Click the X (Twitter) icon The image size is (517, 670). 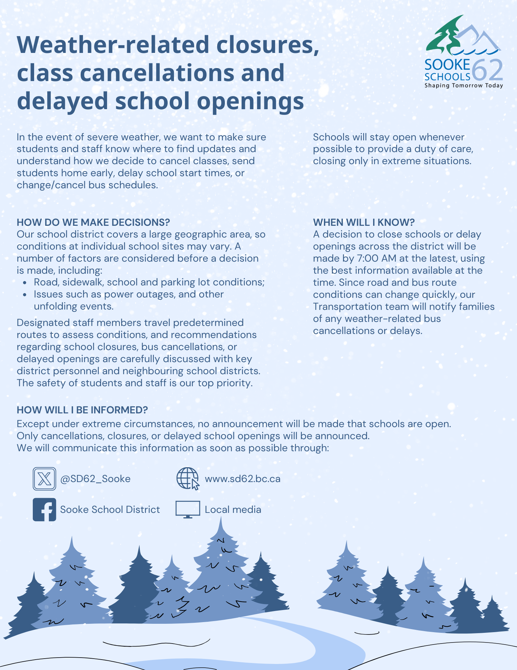tap(44, 479)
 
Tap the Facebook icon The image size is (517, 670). tap(44, 510)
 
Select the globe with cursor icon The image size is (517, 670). tap(188, 479)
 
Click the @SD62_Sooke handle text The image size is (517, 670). tap(95, 479)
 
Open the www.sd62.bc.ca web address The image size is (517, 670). tap(243, 479)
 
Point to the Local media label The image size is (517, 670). tap(233, 510)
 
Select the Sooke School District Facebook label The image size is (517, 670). tap(110, 510)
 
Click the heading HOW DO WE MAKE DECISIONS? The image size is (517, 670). tap(93, 222)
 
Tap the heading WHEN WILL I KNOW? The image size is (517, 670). tap(364, 222)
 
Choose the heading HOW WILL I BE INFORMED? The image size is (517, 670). tap(82, 410)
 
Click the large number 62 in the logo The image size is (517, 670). tap(488, 70)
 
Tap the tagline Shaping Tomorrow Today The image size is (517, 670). tap(464, 85)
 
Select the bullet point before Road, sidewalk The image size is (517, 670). tap(25, 283)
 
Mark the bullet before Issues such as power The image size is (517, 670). tap(25, 295)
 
